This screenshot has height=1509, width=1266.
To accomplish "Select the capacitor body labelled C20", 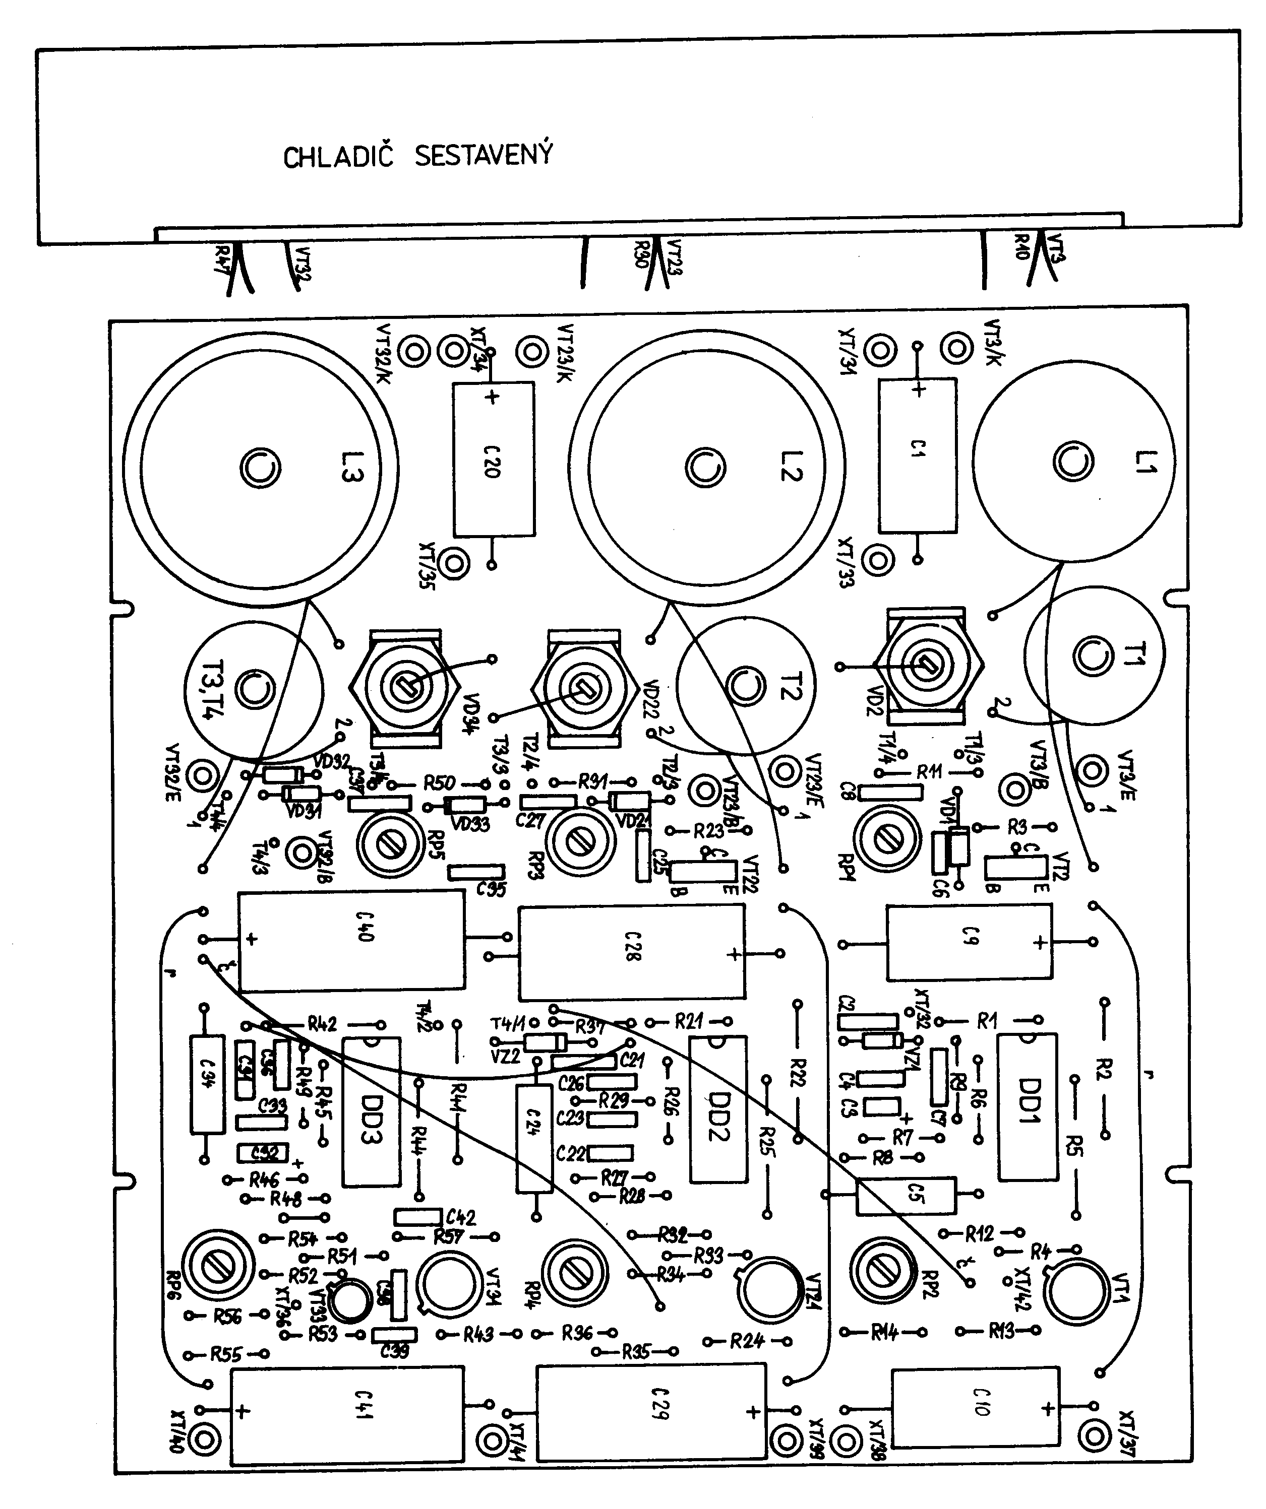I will coord(493,459).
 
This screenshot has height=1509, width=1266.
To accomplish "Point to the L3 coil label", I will coord(351,467).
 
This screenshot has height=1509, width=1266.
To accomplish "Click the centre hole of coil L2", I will coord(705,468).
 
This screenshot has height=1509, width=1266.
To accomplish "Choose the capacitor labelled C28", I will coord(631,952).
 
